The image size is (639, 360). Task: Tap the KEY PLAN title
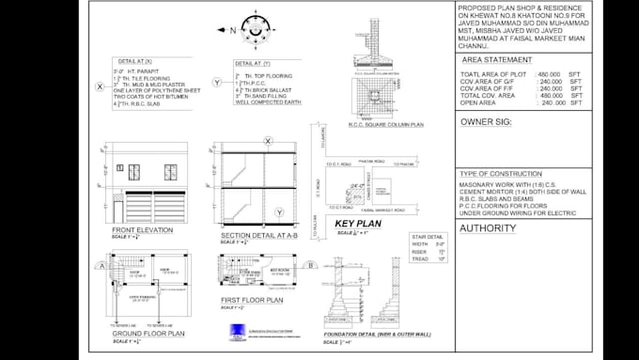pyautogui.click(x=356, y=223)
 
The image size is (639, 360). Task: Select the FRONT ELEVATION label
pyautogui.click(x=142, y=230)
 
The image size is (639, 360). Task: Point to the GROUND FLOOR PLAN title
pyautogui.click(x=148, y=333)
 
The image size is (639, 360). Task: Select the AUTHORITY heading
pyautogui.click(x=489, y=227)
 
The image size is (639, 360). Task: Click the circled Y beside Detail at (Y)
pyautogui.click(x=217, y=83)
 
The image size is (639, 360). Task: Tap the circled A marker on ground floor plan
pyautogui.click(x=99, y=265)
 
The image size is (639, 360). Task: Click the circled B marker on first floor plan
pyautogui.click(x=310, y=265)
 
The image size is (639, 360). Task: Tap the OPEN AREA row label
pyautogui.click(x=479, y=102)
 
